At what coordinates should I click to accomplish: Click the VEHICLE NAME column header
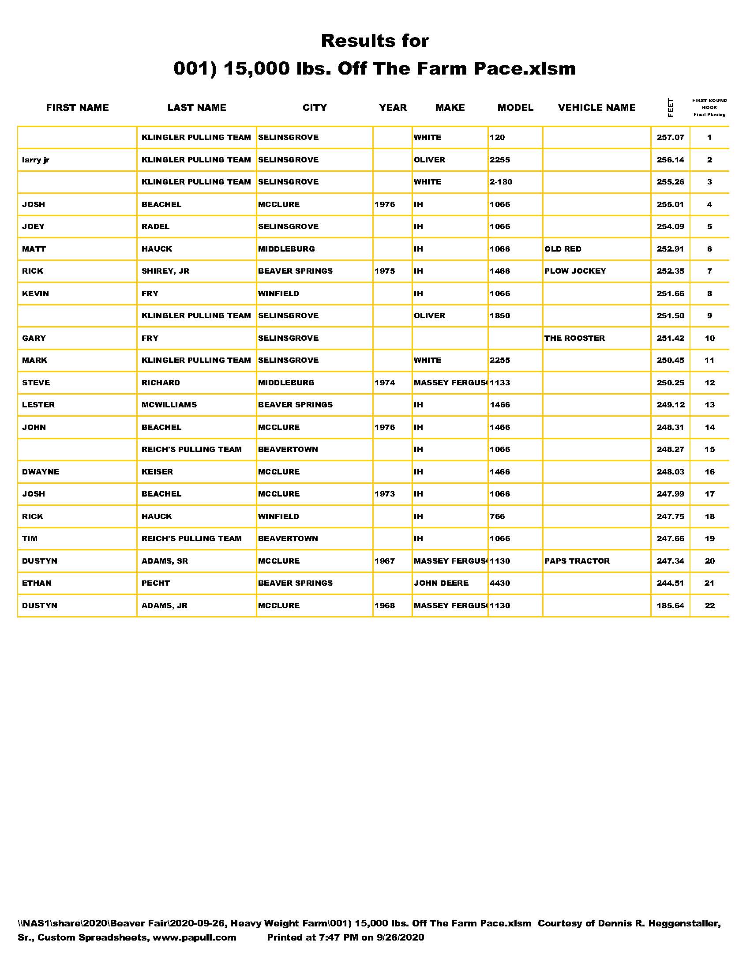[x=596, y=108]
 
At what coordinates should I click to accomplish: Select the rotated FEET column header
[x=670, y=108]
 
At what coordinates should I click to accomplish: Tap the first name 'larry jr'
[x=36, y=160]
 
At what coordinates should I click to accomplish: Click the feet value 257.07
[x=670, y=137]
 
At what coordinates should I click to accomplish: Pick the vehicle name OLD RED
[x=562, y=249]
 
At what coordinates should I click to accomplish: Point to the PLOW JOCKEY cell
[x=575, y=271]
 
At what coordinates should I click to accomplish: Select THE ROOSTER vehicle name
[x=574, y=338]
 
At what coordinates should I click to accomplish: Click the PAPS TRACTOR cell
[x=577, y=561]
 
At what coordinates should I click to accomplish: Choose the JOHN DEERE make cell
[x=441, y=583]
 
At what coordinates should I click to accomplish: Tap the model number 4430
[x=500, y=583]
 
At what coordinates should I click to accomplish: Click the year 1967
[x=384, y=561]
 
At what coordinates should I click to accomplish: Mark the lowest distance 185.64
[x=670, y=606]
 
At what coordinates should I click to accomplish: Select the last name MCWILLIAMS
[x=169, y=405]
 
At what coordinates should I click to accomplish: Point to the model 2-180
[x=501, y=182]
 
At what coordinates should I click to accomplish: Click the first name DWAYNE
[x=41, y=472]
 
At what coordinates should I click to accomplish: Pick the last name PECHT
[x=155, y=583]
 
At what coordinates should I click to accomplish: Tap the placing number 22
[x=709, y=606]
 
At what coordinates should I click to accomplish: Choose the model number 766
[x=497, y=516]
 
